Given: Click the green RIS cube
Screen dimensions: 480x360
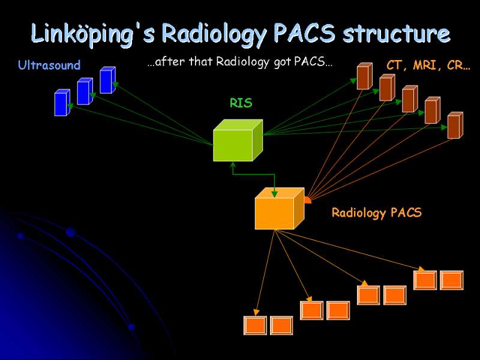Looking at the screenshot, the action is coord(238,140).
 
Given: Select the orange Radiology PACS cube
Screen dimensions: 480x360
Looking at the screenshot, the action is coord(280,208).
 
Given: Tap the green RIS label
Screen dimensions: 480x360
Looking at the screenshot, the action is coord(241,103).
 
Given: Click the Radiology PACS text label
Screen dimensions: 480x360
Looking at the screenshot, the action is coord(377,212).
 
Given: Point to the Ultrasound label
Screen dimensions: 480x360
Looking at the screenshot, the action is coord(49,65).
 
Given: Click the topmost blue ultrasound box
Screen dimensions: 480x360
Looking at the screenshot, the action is coord(108,80).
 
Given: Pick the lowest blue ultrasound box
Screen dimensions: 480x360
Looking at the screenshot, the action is coord(62,103).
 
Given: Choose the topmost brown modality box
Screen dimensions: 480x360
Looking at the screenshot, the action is coord(365,76).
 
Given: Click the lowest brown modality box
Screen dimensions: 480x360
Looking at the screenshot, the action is coord(455,125).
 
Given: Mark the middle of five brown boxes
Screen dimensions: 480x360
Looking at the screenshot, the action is coord(410,99).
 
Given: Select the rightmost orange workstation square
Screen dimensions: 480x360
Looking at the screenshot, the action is coord(452,280).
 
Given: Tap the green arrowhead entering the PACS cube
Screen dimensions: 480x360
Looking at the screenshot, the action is coord(275,194).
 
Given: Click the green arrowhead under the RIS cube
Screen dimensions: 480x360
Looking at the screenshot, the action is coord(233,164).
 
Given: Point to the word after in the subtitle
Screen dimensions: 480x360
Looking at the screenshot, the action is coord(170,62).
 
